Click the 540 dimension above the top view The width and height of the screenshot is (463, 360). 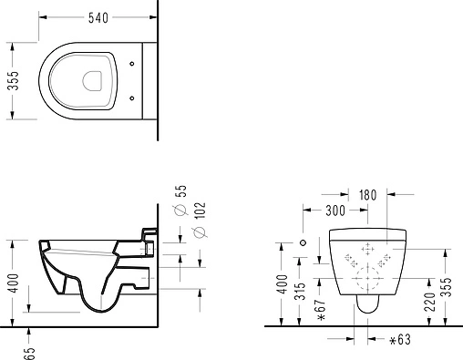[98, 18]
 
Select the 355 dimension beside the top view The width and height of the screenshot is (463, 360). [13, 81]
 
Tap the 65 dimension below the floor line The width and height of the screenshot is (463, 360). [29, 354]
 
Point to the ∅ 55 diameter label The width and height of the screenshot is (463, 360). [180, 201]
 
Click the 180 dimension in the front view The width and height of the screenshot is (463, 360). [367, 195]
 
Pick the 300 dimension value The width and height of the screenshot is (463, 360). [335, 211]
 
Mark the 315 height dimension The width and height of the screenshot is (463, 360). [300, 292]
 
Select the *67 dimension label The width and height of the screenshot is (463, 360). [321, 309]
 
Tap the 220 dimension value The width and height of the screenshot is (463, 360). [430, 302]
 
